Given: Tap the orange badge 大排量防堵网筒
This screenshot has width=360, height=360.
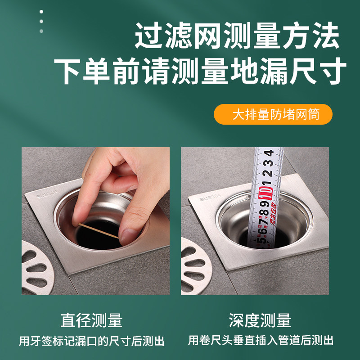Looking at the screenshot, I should [x=273, y=114].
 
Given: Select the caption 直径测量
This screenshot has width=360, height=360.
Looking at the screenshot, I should [x=92, y=320].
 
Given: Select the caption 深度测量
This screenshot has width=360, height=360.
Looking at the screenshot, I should [x=260, y=320].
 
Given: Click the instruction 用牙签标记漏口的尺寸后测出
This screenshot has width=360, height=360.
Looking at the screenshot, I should [x=92, y=341].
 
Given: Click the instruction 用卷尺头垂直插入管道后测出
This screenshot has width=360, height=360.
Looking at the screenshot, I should [x=261, y=341].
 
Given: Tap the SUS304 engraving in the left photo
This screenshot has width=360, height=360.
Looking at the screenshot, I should [x=47, y=195].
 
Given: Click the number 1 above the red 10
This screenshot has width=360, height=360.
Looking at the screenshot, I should [x=267, y=183].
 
